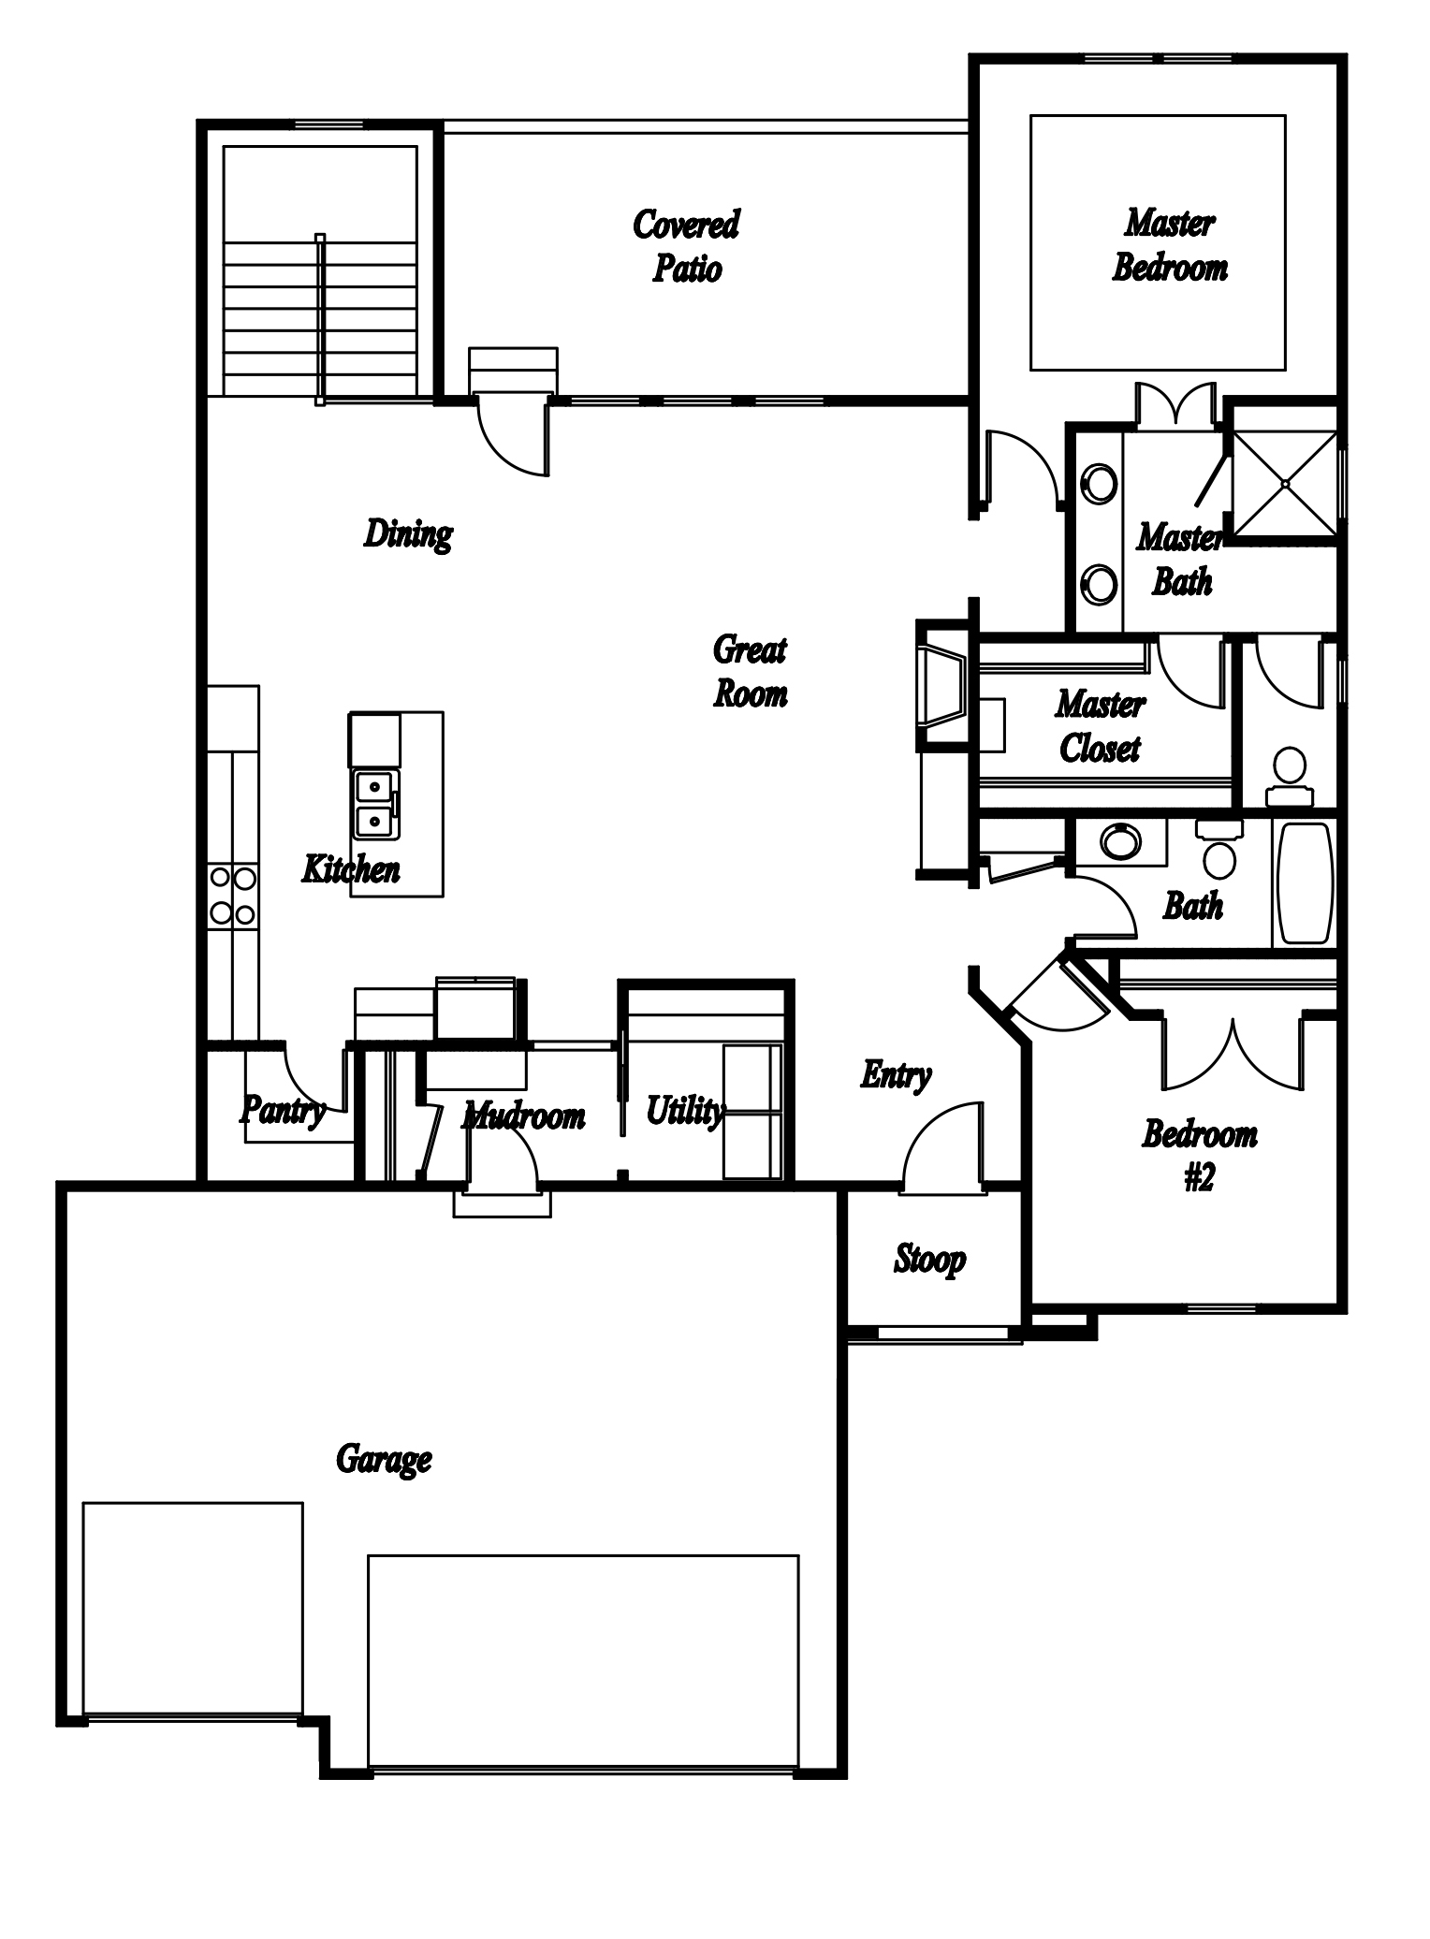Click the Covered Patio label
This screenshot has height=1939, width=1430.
(x=687, y=246)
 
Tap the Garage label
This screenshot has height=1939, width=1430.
(x=384, y=1459)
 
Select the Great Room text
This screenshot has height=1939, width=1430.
(x=751, y=671)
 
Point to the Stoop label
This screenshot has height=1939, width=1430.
(x=929, y=1260)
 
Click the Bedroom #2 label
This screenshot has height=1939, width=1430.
(x=1200, y=1156)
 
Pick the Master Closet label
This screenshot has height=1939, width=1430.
(x=1101, y=726)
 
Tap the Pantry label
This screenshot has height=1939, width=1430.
(x=283, y=1111)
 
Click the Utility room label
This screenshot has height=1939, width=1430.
(x=684, y=1111)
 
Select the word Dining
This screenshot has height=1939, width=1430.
(x=408, y=534)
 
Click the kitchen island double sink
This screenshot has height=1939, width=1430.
(x=375, y=805)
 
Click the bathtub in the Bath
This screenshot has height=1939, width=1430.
(x=1305, y=882)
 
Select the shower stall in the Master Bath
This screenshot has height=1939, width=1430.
(x=1286, y=484)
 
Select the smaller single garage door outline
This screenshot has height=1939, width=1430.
(x=193, y=1609)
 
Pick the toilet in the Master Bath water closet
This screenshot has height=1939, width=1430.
(x=1290, y=776)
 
